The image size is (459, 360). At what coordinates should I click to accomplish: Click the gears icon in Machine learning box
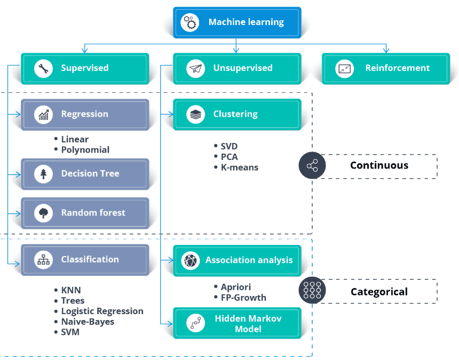tap(189, 22)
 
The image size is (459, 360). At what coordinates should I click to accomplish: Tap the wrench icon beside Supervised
tap(43, 68)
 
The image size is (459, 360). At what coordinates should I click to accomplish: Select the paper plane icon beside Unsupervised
tap(195, 68)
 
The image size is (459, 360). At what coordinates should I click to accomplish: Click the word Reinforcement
tap(397, 68)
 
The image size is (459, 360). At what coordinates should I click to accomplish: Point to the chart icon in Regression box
tap(43, 114)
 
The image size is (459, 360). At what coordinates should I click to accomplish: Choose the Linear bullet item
tap(75, 139)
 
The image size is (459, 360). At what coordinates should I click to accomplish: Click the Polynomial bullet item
tap(85, 150)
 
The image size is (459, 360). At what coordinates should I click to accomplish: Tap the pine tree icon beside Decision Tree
tap(43, 174)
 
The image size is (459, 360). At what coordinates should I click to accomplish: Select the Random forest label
tap(93, 213)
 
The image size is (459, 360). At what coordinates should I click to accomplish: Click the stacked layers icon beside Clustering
tap(195, 114)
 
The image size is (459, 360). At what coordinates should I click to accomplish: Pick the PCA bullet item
tap(229, 157)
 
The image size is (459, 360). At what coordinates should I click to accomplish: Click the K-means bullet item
tap(239, 167)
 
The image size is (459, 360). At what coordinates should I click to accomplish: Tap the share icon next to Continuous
tap(312, 165)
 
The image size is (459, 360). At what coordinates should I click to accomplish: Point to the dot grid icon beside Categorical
tap(312, 291)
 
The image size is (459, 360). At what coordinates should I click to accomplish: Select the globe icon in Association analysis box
tap(190, 260)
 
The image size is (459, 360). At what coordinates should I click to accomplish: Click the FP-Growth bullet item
tap(243, 298)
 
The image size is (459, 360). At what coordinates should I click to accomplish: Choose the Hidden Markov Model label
tap(248, 323)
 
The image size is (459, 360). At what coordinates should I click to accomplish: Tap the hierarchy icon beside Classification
tap(43, 260)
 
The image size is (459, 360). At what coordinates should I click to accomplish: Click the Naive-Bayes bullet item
tap(88, 322)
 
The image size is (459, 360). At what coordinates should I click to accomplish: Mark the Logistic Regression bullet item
tap(102, 311)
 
